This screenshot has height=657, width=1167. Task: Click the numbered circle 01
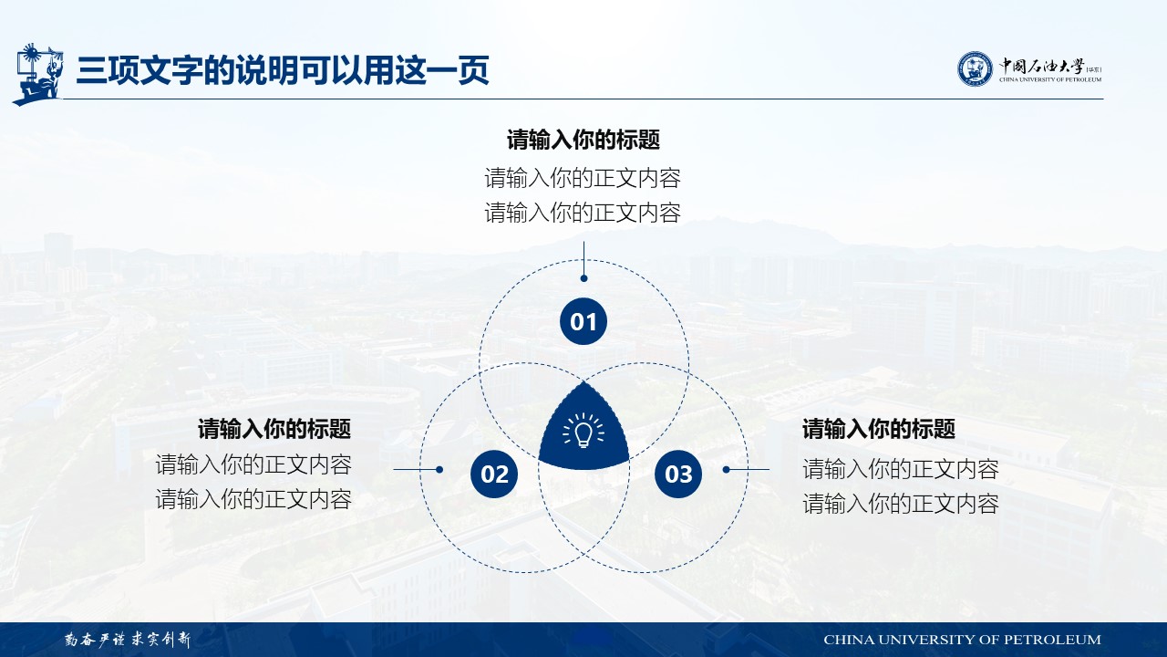coord(583,321)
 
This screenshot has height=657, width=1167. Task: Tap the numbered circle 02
coord(494,474)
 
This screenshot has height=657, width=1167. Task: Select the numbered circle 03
coord(678,474)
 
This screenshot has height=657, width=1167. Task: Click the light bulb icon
coord(583,431)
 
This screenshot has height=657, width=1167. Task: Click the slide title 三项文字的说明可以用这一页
coord(283,70)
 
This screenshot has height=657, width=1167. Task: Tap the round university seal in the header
coord(975,68)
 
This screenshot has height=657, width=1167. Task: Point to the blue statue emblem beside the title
coord(38,74)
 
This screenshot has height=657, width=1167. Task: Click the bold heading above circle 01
coord(583,140)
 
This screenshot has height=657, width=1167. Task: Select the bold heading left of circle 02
coord(274,429)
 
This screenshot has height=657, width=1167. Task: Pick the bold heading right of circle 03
coord(879,429)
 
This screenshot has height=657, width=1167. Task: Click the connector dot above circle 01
coord(583,278)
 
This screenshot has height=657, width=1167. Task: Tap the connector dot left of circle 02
coord(439,470)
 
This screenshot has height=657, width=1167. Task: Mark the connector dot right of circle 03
coord(726,470)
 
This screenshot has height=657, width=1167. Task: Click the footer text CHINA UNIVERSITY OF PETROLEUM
coord(962,640)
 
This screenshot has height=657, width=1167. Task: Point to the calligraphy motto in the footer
coord(128,640)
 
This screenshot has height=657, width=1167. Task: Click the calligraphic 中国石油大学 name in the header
coord(1041,67)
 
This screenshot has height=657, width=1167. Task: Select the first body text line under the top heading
coord(583,178)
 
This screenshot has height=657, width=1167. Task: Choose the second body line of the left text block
coord(253,499)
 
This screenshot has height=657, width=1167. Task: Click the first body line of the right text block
coord(901,469)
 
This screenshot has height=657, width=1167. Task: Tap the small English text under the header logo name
coord(1050,79)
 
